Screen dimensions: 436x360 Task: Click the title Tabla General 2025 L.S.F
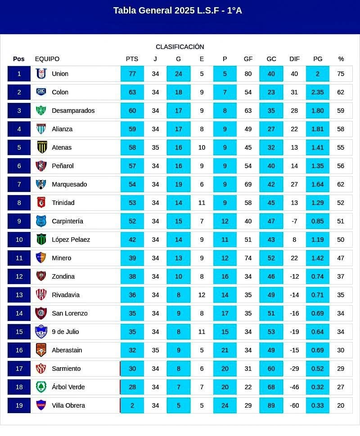pyautogui.click(x=177, y=11)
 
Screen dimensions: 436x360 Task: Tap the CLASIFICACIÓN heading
pyautogui.click(x=180, y=47)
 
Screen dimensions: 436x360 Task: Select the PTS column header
pyautogui.click(x=132, y=59)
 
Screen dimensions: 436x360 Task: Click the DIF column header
pyautogui.click(x=294, y=59)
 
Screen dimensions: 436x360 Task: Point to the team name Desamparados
pyautogui.click(x=73, y=111)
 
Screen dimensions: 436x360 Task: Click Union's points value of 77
pyautogui.click(x=132, y=74)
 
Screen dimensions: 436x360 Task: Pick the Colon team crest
pyautogui.click(x=41, y=92)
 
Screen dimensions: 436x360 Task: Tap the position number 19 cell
pyautogui.click(x=19, y=405)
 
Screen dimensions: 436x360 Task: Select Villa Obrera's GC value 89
pyautogui.click(x=271, y=405)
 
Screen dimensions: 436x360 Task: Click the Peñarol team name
pyautogui.click(x=63, y=166)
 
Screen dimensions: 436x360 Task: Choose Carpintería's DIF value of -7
pyautogui.click(x=294, y=221)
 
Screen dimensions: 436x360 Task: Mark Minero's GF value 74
pyautogui.click(x=248, y=258)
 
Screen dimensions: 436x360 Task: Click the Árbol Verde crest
pyautogui.click(x=41, y=387)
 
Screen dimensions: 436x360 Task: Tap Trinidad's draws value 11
pyautogui.click(x=202, y=203)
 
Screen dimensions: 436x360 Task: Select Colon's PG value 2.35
pyautogui.click(x=317, y=92)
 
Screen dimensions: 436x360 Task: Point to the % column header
pyautogui.click(x=341, y=59)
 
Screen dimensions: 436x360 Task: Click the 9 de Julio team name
pyautogui.click(x=65, y=332)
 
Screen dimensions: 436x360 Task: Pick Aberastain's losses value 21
pyautogui.click(x=225, y=350)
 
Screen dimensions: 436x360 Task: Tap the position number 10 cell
pyautogui.click(x=19, y=240)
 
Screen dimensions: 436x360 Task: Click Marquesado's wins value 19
pyautogui.click(x=179, y=184)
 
